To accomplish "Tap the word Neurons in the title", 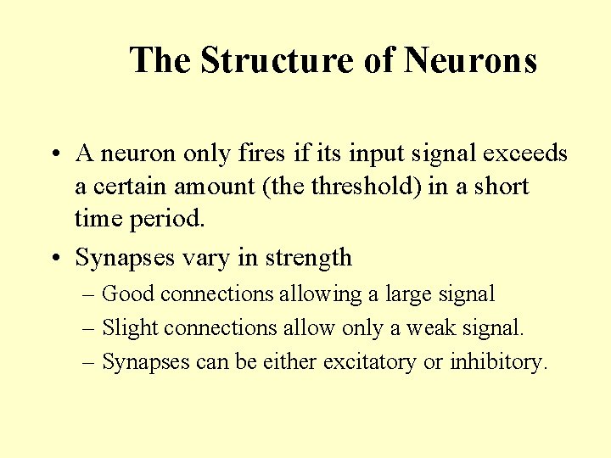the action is click(x=470, y=61).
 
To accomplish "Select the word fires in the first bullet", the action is click(x=262, y=154).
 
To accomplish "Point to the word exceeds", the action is click(x=524, y=154).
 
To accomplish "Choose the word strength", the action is click(x=308, y=258).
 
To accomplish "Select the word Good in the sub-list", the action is click(x=128, y=294).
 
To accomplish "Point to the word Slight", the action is click(x=130, y=327).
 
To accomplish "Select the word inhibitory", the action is click(x=498, y=361).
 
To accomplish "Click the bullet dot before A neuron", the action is click(x=53, y=154).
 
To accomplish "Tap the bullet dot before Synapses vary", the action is click(x=53, y=258).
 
